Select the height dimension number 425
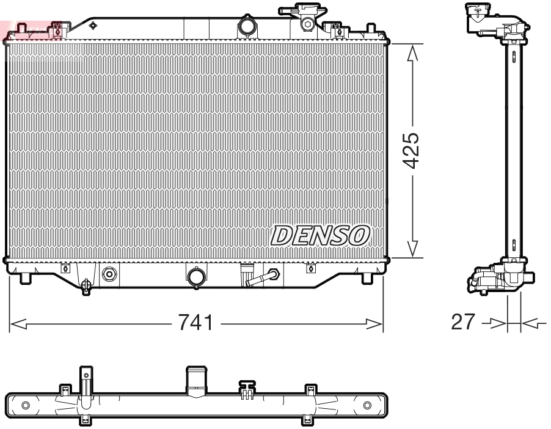413,150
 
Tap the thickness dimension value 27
462,323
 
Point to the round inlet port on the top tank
247,27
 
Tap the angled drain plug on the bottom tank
263,278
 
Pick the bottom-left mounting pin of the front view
26,278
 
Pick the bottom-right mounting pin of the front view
367,278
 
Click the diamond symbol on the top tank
93,25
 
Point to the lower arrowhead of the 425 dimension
413,248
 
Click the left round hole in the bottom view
25,405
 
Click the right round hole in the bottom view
367,405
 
